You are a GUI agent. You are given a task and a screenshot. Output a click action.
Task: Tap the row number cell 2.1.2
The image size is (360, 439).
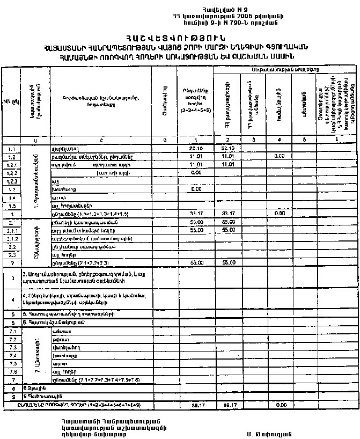tap(11, 239)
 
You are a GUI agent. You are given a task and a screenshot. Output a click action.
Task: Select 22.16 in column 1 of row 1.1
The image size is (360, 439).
tap(196, 148)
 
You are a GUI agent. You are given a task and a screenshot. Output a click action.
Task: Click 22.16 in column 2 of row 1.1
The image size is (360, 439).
tap(227, 148)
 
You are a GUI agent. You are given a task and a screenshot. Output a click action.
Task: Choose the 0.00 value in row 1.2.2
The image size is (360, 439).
tap(196, 174)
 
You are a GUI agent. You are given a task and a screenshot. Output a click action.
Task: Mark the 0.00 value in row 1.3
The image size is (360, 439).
tap(196, 190)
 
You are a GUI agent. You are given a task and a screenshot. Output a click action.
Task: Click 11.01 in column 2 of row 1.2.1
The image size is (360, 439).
tap(227, 165)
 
